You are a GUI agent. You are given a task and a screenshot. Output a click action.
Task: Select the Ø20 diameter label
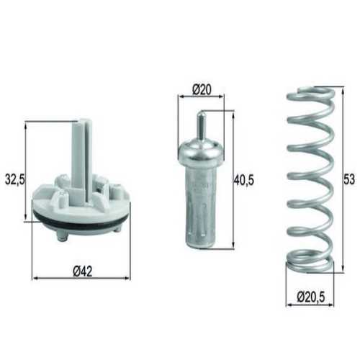click(201, 90)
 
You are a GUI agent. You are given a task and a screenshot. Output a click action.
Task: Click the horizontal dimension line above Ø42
click(81, 278)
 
